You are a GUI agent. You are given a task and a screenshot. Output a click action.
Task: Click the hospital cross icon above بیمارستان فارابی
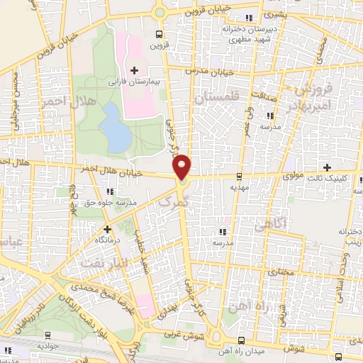coord(133,69)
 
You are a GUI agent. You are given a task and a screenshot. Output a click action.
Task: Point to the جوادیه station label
coord(47,347)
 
